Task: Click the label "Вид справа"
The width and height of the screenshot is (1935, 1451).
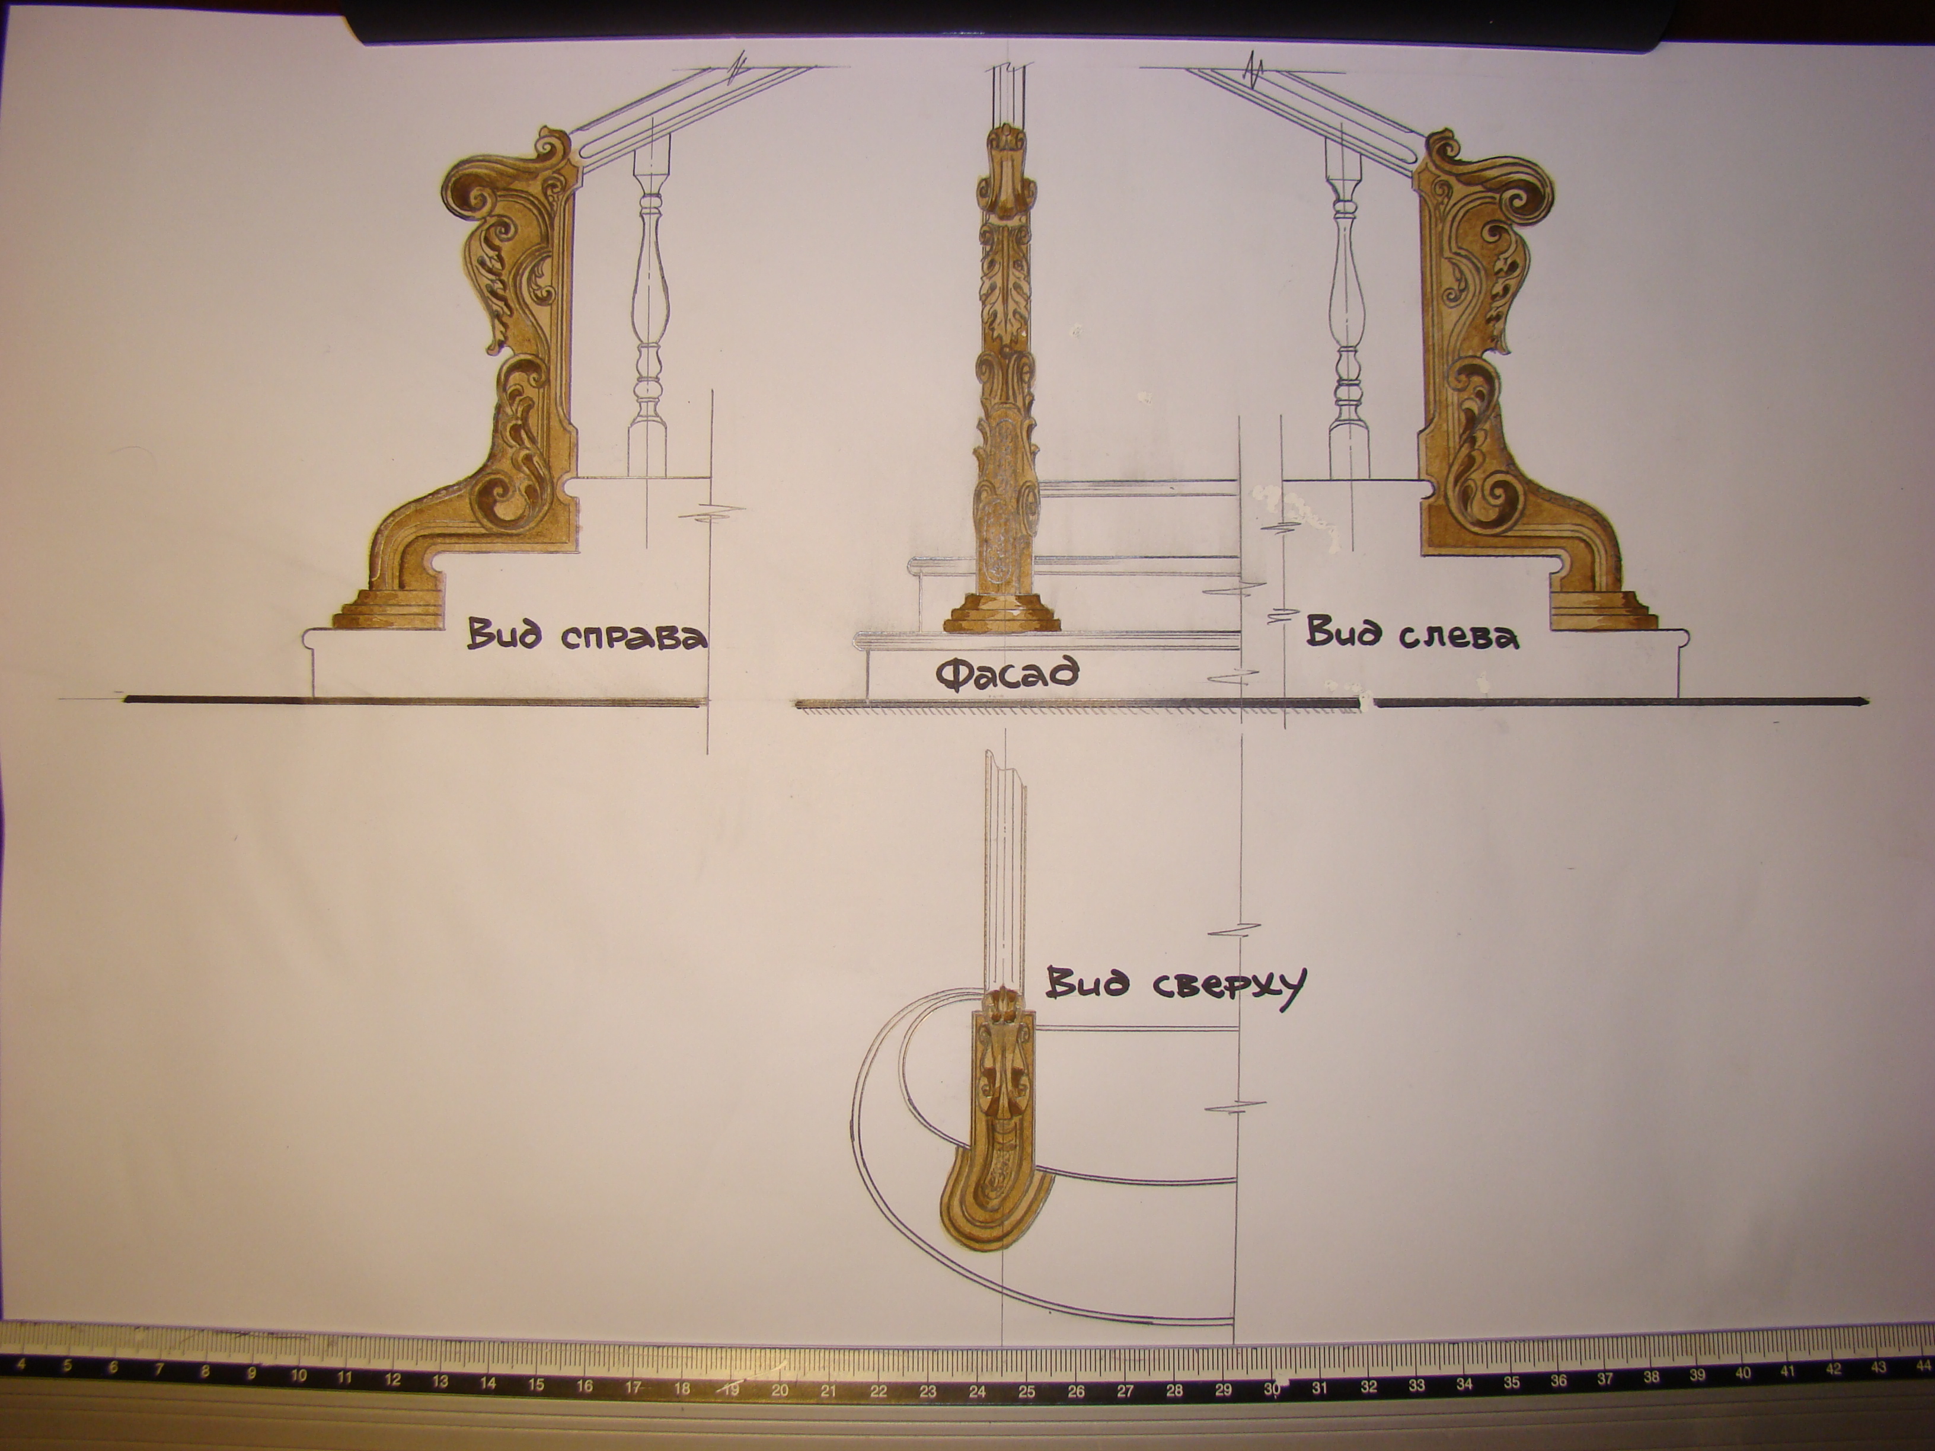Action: pyautogui.click(x=586, y=636)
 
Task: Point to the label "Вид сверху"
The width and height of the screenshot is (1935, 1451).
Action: pyautogui.click(x=1176, y=986)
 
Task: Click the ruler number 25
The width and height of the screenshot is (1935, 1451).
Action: pyautogui.click(x=1027, y=1366)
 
